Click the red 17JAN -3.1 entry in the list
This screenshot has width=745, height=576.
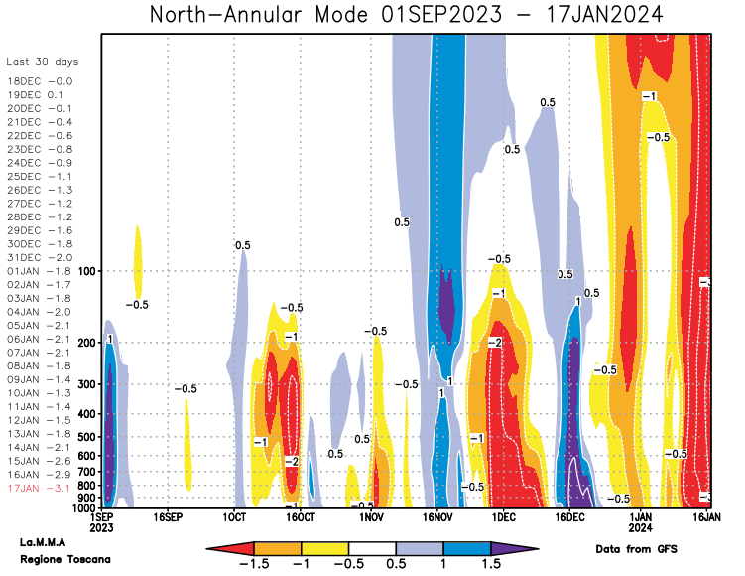click(x=39, y=488)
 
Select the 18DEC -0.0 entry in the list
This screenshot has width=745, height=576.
click(x=39, y=81)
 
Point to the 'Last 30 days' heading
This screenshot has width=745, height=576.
click(x=42, y=62)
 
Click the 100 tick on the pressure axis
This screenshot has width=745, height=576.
click(x=84, y=271)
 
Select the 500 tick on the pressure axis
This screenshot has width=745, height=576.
click(x=84, y=436)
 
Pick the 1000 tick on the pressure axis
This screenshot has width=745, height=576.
click(x=81, y=507)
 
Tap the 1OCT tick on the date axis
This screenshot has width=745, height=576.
click(x=234, y=518)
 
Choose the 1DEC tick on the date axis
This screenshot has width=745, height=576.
click(x=503, y=518)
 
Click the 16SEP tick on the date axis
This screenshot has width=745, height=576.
click(x=167, y=518)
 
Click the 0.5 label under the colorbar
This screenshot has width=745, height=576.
click(x=396, y=563)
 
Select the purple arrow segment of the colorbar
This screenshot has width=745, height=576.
click(x=515, y=547)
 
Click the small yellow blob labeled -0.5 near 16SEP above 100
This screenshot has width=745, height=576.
click(x=138, y=258)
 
